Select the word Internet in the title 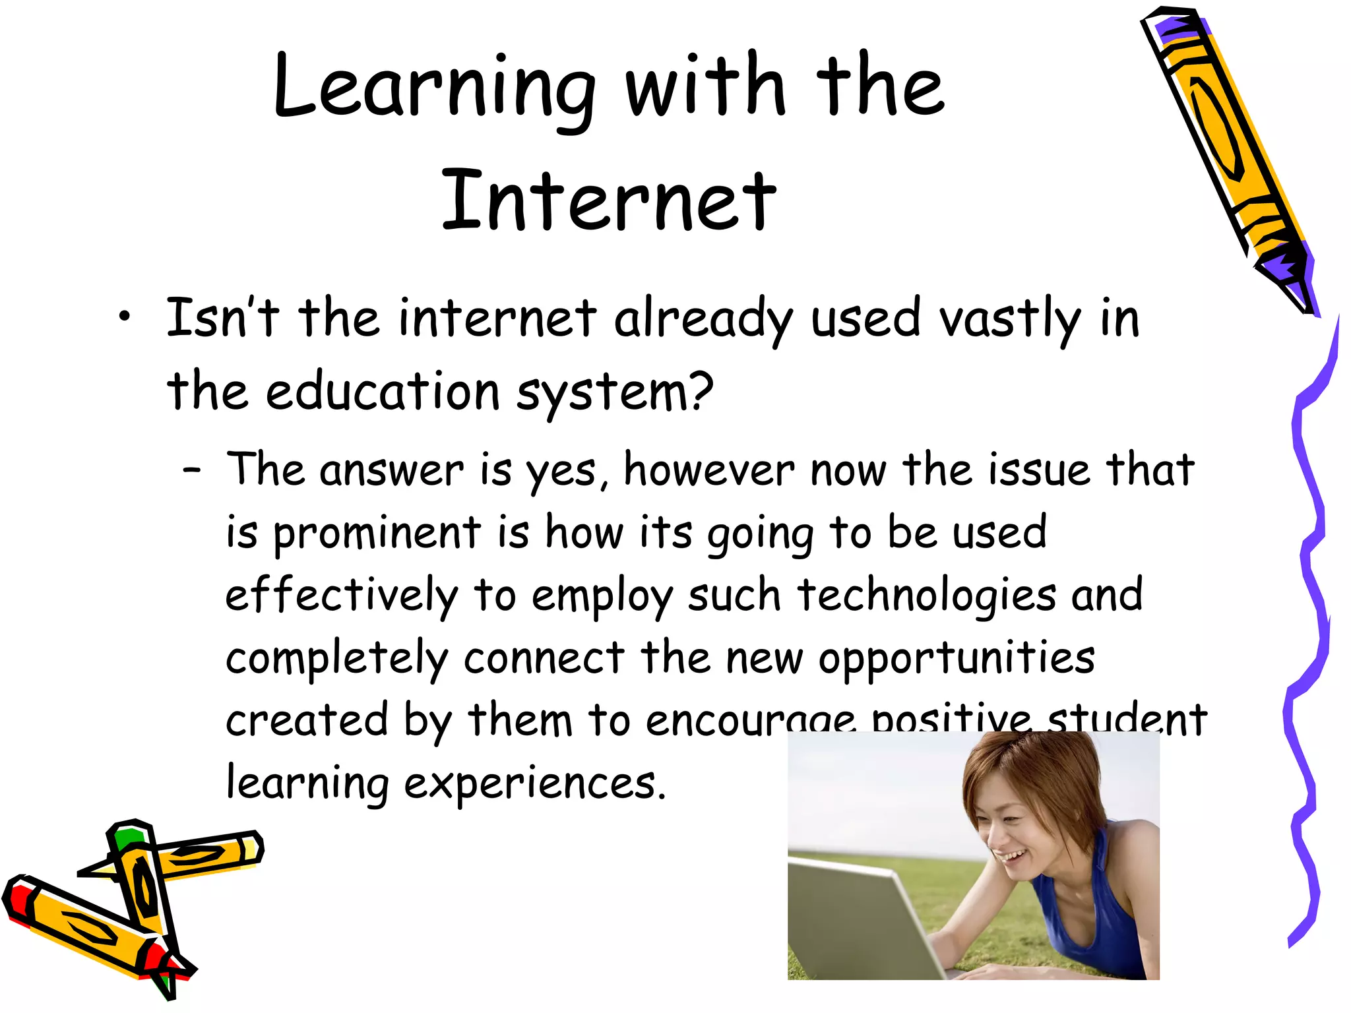(x=608, y=201)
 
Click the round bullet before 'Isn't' (x=124, y=318)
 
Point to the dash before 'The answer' (x=192, y=470)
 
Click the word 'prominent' (x=377, y=533)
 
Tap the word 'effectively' (x=341, y=596)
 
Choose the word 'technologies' (x=927, y=596)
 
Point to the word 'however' (x=709, y=471)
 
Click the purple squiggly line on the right (x=1309, y=594)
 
